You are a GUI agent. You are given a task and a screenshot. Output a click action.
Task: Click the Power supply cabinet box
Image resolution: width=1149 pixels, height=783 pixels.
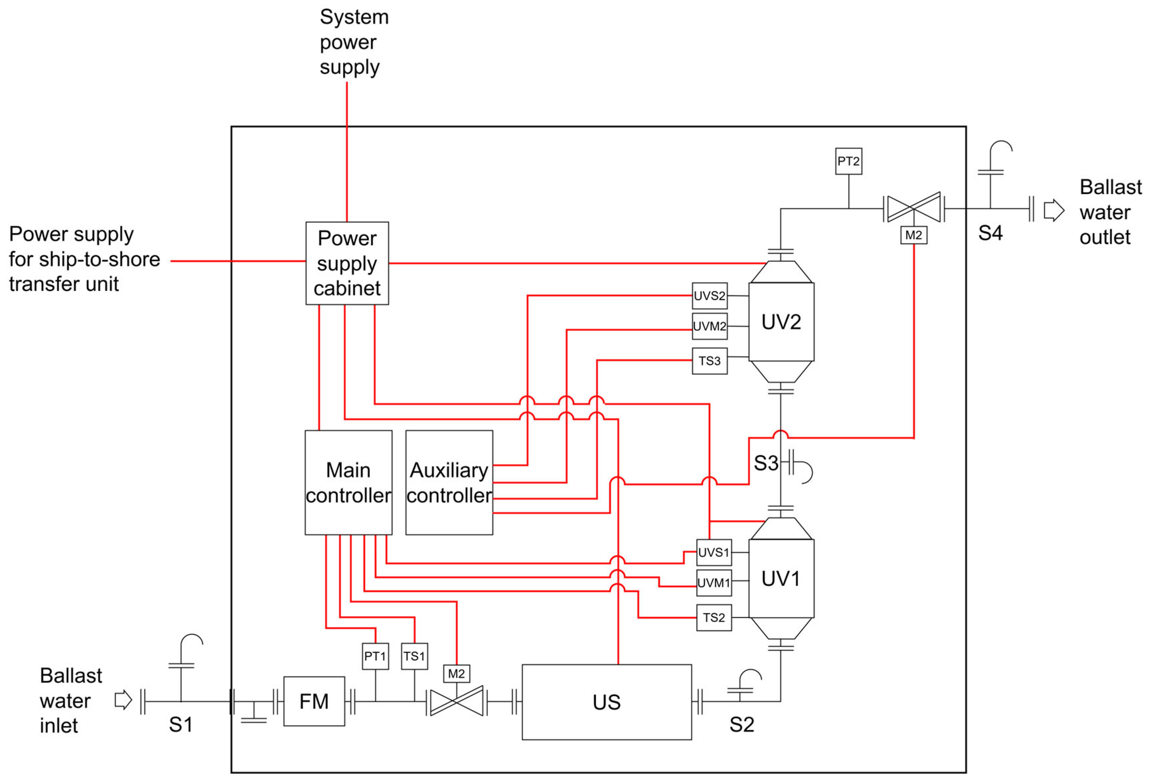tap(347, 263)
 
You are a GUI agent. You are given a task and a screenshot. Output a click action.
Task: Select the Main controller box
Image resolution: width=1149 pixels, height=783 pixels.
tap(348, 482)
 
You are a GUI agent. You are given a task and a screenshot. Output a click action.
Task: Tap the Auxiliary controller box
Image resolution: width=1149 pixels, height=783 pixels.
tap(449, 482)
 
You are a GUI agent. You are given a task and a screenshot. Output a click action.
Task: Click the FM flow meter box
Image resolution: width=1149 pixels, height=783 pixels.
tap(314, 701)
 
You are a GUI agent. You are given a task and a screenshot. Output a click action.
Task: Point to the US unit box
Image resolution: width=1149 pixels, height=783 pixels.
tap(607, 702)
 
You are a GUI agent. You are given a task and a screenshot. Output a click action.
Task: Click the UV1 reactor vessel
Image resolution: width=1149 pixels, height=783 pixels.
tap(781, 578)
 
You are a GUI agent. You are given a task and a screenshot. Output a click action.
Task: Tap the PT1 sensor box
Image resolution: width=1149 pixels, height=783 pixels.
tap(375, 656)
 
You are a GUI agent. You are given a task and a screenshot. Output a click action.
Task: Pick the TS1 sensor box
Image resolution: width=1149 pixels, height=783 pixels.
tap(414, 656)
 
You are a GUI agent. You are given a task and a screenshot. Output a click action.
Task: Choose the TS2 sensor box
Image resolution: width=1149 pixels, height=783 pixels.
tap(714, 617)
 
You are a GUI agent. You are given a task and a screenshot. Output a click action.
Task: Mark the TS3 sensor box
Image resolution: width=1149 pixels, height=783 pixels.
tap(710, 361)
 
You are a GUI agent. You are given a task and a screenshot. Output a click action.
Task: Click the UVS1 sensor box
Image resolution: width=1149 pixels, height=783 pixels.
tap(714, 552)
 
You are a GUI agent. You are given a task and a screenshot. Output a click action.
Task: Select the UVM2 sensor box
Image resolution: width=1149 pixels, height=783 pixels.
tap(710, 326)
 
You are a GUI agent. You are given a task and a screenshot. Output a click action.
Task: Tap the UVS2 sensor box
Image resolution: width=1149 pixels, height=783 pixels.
tap(710, 296)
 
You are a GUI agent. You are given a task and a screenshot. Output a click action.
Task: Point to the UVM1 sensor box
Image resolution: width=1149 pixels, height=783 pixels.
tap(714, 583)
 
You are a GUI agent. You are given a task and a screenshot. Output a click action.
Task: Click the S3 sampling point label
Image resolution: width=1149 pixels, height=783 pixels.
tap(766, 463)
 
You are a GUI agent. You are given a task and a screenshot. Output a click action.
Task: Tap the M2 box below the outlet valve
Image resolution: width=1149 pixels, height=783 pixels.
tap(914, 235)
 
